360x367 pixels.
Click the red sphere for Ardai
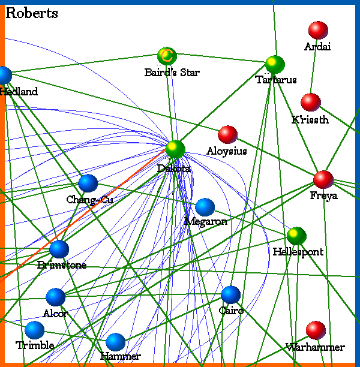coord(317,31)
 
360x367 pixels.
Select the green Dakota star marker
coord(175,149)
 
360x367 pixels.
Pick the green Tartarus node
coord(275,64)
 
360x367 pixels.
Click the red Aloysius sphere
coord(227,135)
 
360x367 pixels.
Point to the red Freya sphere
coord(323,179)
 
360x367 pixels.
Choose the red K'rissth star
coord(310,103)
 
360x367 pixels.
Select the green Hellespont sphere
coord(296,236)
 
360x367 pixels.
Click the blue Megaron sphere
coord(205,207)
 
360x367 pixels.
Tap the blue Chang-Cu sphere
coord(88,183)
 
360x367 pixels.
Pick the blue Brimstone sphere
coord(59,249)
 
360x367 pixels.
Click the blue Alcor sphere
coord(55,297)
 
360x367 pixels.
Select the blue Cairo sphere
coord(230,294)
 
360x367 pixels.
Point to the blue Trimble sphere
coord(35,330)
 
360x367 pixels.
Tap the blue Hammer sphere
coord(115,342)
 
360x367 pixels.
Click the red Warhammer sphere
coord(315,330)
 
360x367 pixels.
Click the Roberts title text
coord(31,13)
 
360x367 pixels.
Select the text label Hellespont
coord(298,252)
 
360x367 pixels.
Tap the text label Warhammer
coord(315,347)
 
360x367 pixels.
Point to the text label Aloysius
coord(226,151)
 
